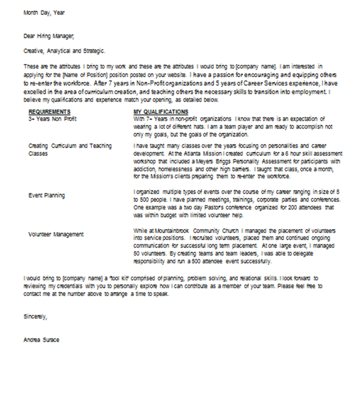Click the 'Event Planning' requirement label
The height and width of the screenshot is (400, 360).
(x=47, y=195)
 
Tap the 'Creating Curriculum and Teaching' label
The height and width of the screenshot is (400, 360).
(x=70, y=146)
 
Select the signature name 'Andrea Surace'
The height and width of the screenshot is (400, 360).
(x=42, y=339)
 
